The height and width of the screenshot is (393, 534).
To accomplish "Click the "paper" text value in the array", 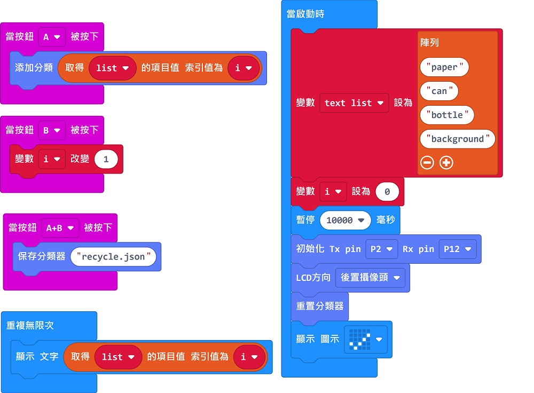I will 444,67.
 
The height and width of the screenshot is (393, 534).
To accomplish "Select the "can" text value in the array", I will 439,91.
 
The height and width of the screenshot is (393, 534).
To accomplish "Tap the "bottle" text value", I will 447,115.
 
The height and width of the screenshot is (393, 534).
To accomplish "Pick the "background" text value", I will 457,139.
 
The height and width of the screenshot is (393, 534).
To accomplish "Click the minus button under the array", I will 427,163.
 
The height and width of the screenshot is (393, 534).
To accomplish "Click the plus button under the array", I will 446,163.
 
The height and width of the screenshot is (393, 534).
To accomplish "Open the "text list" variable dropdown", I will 354,103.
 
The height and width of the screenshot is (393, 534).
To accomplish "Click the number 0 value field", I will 387,192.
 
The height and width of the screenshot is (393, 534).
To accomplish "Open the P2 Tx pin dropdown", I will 382,249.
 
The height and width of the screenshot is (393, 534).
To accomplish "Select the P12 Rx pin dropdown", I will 457,249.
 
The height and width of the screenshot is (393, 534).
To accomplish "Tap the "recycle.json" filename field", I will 113,257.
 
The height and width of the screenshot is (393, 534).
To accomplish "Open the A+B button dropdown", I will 60,228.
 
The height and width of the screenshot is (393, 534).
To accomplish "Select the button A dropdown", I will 52,37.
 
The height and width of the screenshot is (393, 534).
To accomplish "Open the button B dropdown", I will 52,130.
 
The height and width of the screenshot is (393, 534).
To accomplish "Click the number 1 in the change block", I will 106,159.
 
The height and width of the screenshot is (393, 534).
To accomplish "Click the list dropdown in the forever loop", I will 118,357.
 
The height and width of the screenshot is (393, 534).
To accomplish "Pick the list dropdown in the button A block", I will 112,68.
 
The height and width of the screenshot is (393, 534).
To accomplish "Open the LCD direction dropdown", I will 370,278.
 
